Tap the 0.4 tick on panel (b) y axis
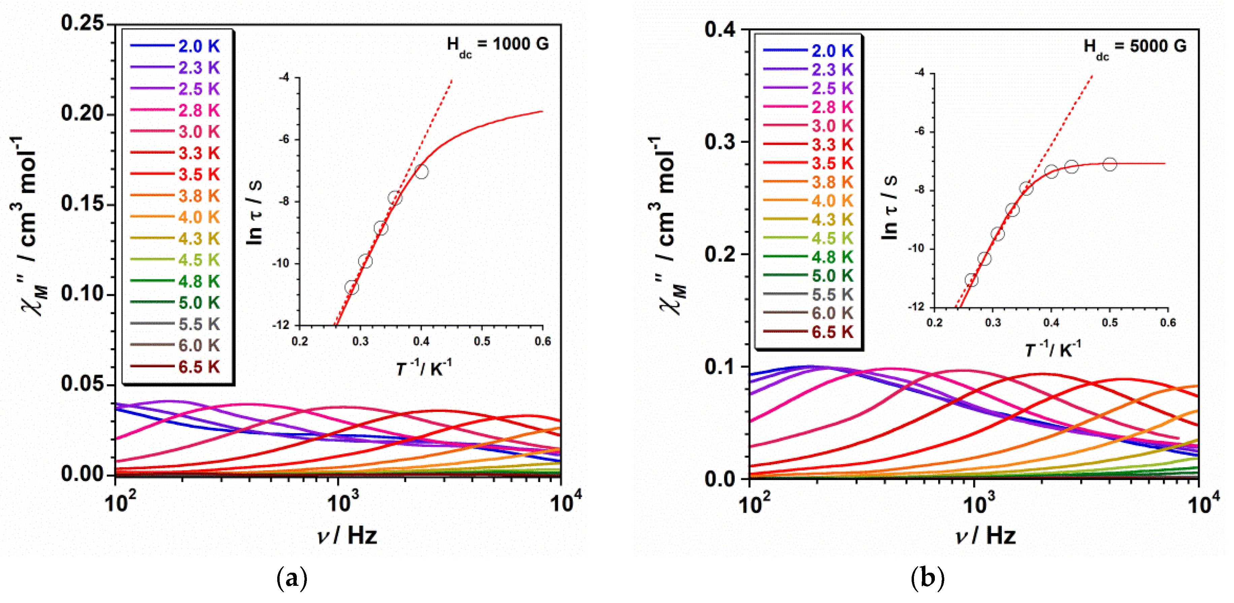click(x=720, y=29)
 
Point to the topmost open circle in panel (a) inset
click(x=421, y=172)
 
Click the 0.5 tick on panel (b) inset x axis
click(x=1109, y=323)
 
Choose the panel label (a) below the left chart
click(x=292, y=578)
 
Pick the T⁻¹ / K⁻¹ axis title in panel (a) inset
click(x=423, y=368)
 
